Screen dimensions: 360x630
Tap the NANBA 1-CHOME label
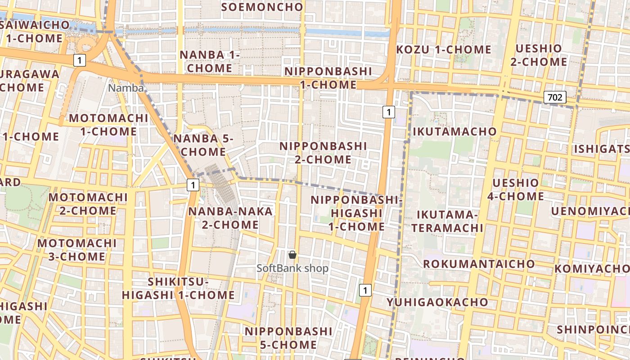point(210,61)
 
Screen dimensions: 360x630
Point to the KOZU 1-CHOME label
point(443,49)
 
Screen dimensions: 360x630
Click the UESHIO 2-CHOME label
point(539,55)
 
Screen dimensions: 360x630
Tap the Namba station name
point(126,88)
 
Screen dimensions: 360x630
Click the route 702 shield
point(554,97)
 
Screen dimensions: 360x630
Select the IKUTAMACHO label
point(454,132)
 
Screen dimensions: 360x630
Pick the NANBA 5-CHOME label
point(203,145)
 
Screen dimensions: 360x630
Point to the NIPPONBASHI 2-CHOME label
point(323,153)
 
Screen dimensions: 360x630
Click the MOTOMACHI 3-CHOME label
point(77,250)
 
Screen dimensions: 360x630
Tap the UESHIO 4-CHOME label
point(515,189)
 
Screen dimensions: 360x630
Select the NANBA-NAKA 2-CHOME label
point(230,218)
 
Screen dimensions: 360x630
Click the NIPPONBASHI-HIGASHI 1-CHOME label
point(355,213)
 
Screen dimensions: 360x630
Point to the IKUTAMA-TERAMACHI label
point(447,221)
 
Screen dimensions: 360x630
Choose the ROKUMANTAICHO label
point(479,264)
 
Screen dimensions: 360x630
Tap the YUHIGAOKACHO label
point(437,302)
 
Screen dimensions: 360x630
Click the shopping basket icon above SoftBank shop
point(292,255)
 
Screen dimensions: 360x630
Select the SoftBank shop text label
point(292,269)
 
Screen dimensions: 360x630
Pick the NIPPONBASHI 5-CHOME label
point(288,338)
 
